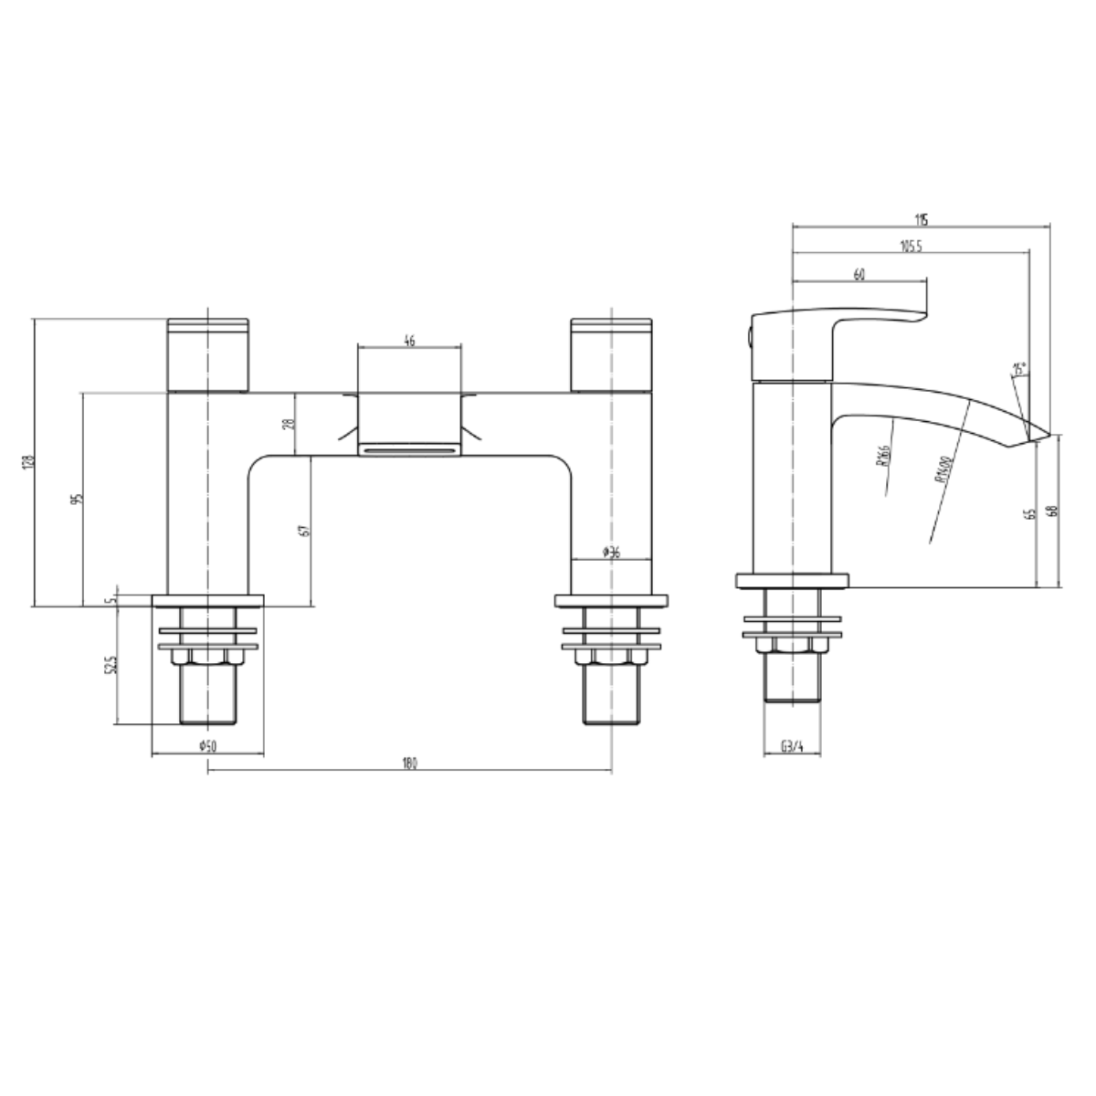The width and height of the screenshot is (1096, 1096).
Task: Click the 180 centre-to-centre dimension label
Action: pos(409,764)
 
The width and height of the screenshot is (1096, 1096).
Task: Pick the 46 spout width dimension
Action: pos(408,341)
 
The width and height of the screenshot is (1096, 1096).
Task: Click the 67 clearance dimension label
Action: pos(304,529)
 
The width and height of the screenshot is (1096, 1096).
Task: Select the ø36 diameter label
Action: pos(612,551)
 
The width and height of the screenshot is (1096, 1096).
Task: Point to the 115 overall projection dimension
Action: pos(921,219)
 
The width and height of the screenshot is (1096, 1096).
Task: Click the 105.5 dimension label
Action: pos(910,246)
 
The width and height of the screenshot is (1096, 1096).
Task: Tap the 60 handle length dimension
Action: pos(859,274)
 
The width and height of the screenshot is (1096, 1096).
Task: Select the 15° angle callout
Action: pos(1019,370)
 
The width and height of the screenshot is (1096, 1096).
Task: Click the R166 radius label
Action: pos(882,454)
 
